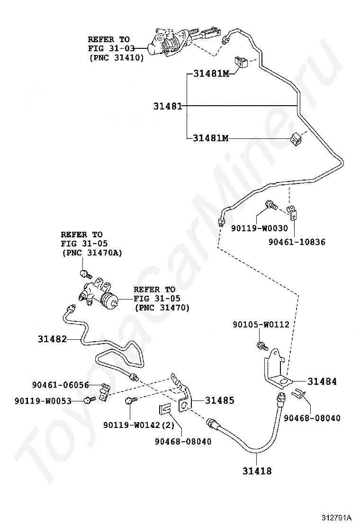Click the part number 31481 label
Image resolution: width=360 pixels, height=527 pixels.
167,106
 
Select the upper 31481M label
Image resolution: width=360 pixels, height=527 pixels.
211,73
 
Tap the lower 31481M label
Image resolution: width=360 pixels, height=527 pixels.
211,138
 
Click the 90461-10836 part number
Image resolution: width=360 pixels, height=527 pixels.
297,242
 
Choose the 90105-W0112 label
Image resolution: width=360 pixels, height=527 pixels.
261,325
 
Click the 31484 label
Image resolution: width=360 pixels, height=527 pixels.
322,381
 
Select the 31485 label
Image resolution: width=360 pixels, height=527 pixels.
219,400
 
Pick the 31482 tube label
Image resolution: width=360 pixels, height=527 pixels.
52,339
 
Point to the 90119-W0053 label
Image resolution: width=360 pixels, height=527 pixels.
43,401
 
